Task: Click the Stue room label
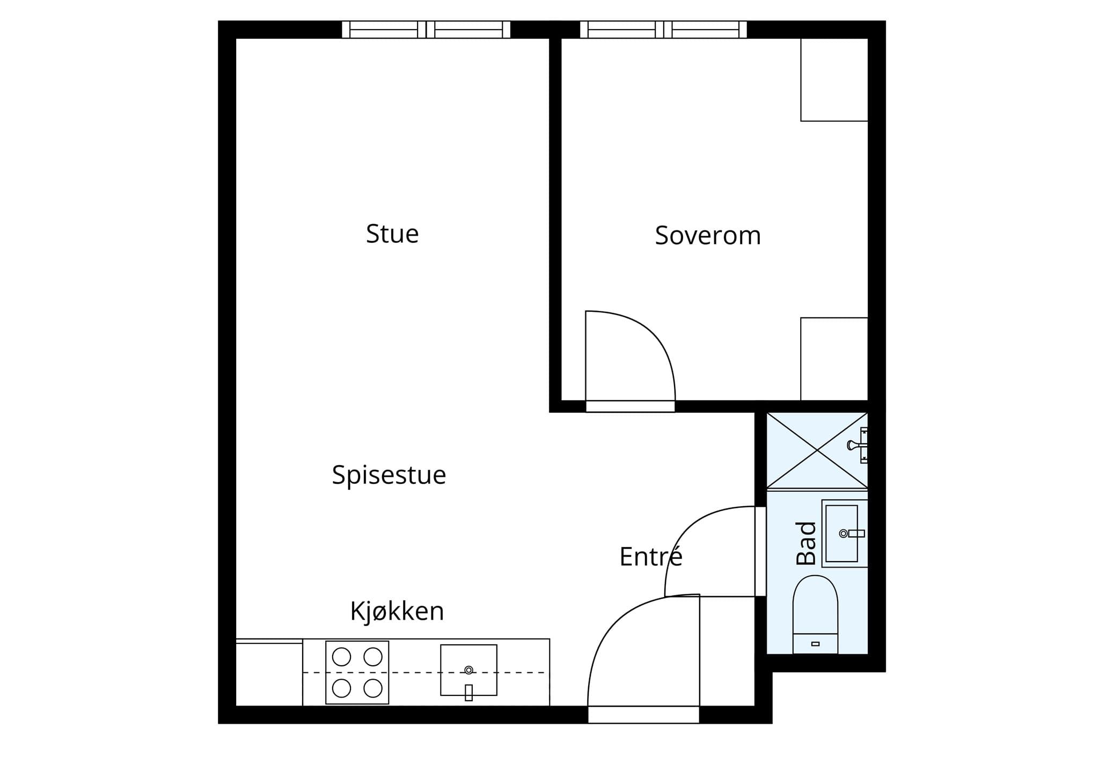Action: (392, 234)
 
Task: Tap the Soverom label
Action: (708, 236)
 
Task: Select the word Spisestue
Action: (389, 475)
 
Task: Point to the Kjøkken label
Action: (397, 611)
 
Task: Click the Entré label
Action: (651, 556)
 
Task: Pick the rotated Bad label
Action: (806, 543)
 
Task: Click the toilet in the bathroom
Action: (815, 614)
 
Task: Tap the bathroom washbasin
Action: (845, 533)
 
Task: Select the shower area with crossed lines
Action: (817, 450)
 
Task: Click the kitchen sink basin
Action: (468, 670)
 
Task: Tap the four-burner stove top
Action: (357, 672)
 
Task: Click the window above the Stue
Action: (426, 30)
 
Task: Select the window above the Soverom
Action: (663, 30)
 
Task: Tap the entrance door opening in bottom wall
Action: (643, 715)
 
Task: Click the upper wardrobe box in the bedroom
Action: (834, 79)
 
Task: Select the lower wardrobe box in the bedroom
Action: (834, 359)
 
